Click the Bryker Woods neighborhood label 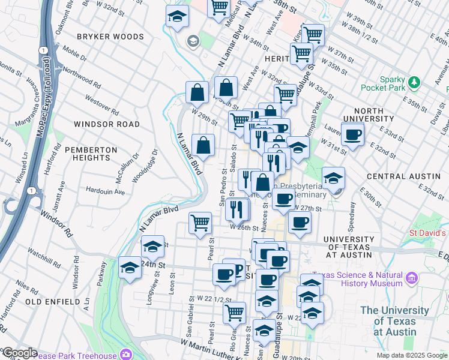pos(110,37)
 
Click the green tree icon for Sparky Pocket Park pos(414,82)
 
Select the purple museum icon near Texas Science pos(412,278)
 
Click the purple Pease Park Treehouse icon pos(125,354)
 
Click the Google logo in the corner pos(19,353)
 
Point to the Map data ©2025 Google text pos(411,355)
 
